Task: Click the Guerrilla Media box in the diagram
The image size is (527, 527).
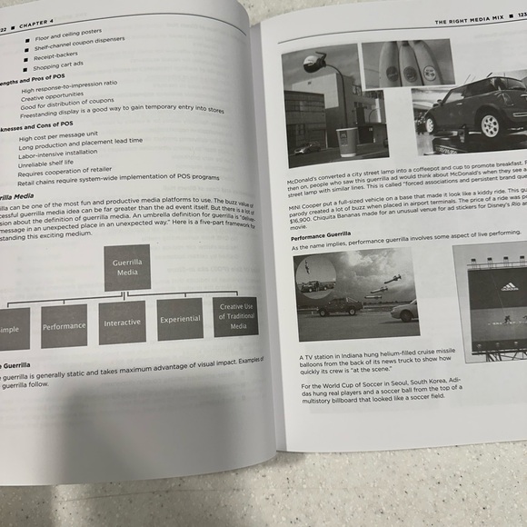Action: [x=127, y=267]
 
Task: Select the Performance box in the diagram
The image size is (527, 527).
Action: [x=65, y=326]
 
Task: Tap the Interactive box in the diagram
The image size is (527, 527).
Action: [x=122, y=323]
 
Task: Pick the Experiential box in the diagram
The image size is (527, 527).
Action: [x=180, y=320]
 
